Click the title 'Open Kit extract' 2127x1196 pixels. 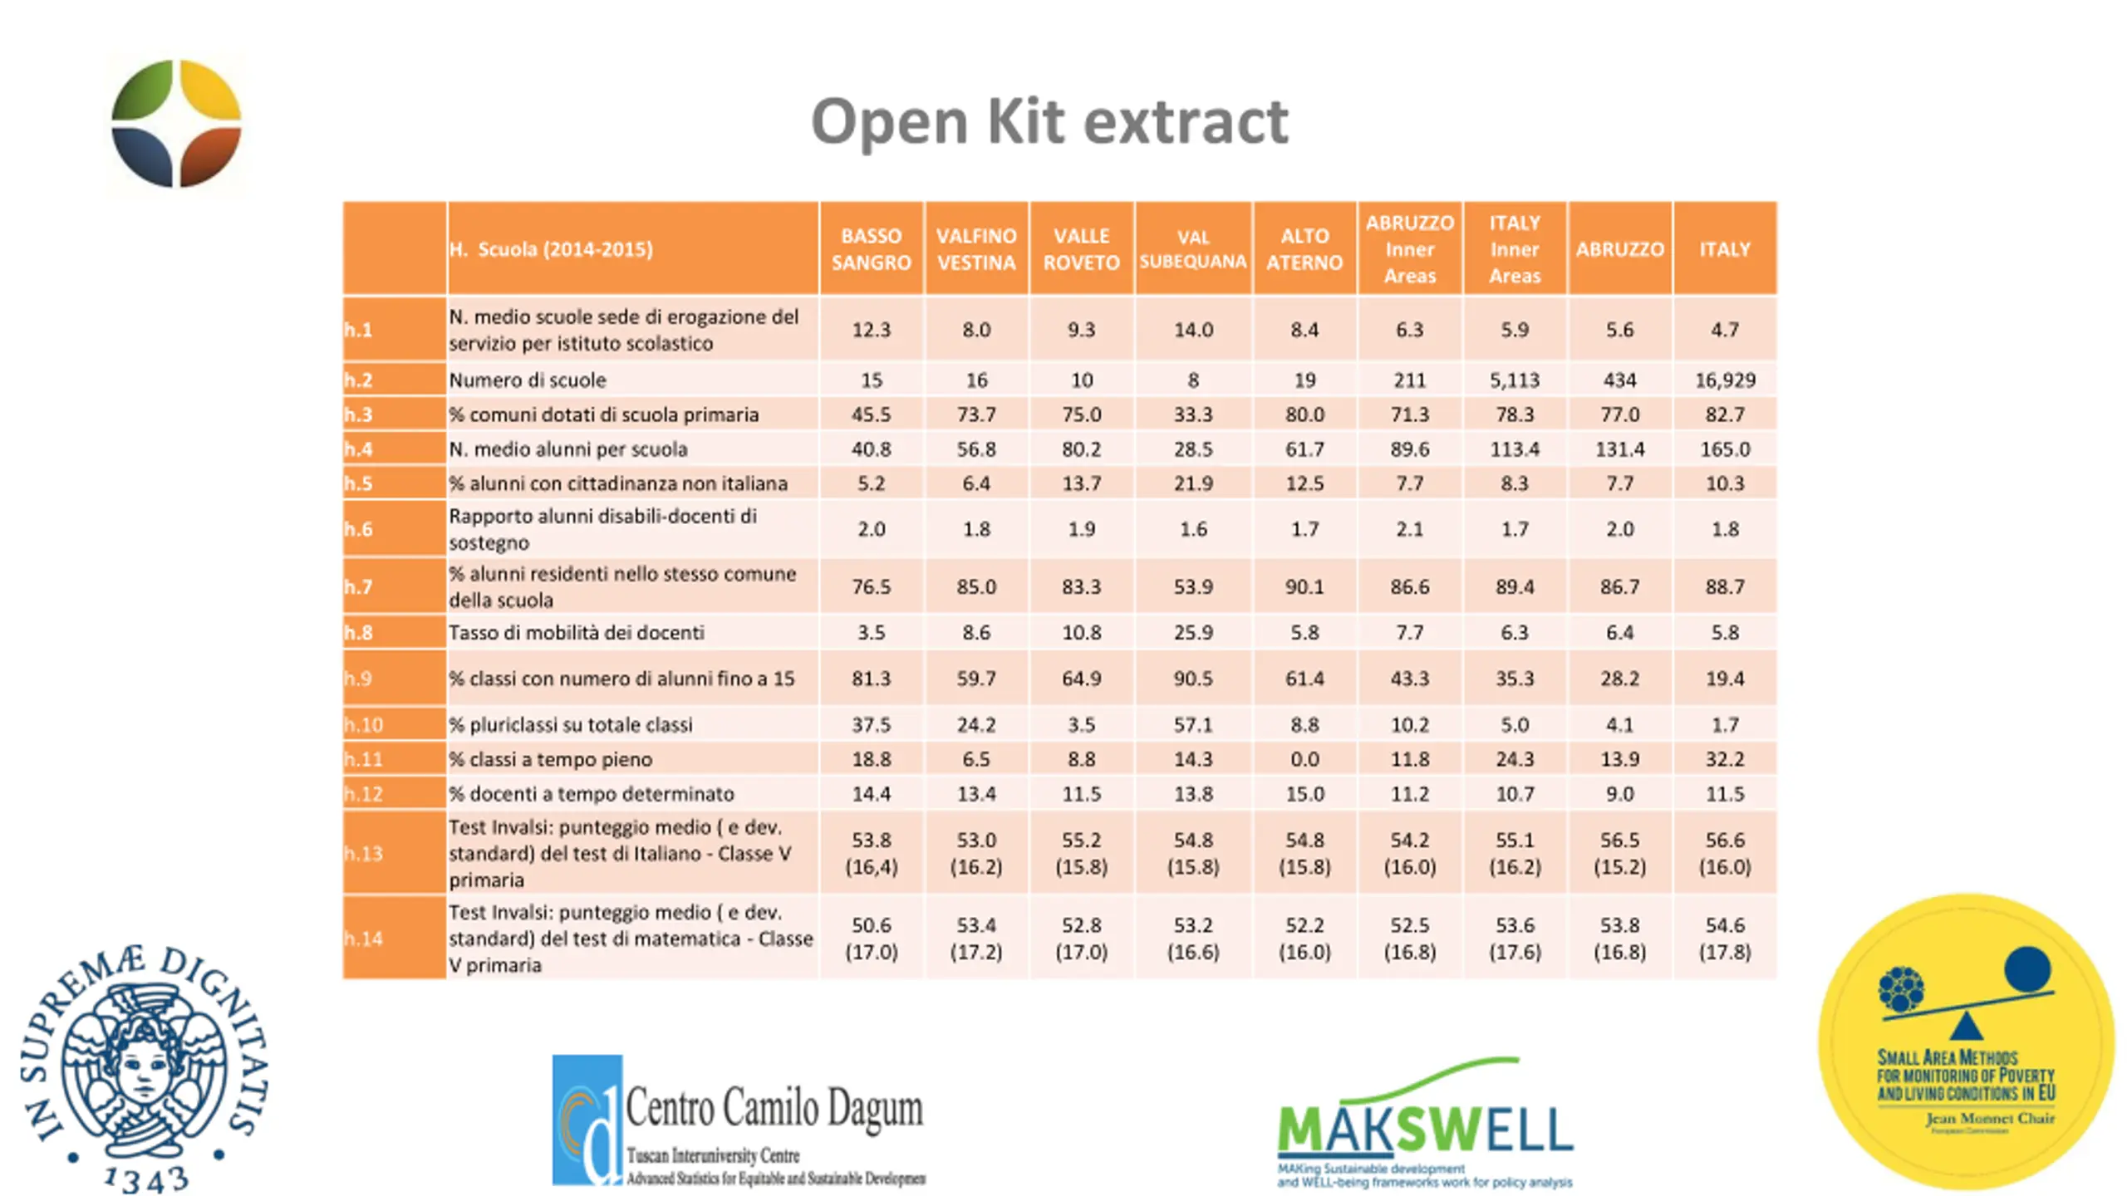tap(1049, 121)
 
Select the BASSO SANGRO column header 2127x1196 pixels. tap(871, 249)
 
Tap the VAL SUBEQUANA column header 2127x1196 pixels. tap(1192, 249)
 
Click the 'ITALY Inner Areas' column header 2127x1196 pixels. tap(1514, 249)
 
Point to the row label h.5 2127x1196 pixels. tap(359, 483)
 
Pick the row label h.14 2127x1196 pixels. tap(363, 939)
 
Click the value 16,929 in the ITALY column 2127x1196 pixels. tap(1725, 380)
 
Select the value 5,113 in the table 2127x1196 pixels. tap(1514, 380)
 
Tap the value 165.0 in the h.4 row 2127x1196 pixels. tap(1725, 449)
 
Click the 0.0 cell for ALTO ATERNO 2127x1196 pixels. tap(1304, 759)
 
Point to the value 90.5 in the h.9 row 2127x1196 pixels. tap(1192, 679)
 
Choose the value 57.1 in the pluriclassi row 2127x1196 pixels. tap(1192, 725)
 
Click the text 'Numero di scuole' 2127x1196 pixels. tap(528, 380)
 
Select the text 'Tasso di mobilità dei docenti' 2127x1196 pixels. tap(577, 633)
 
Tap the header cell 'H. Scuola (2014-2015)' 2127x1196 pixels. tap(551, 249)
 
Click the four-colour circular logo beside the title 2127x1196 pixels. tap(176, 124)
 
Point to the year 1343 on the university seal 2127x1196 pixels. tap(146, 1179)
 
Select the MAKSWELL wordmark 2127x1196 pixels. tap(1424, 1130)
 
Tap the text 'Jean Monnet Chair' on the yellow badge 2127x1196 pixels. tap(1990, 1119)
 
